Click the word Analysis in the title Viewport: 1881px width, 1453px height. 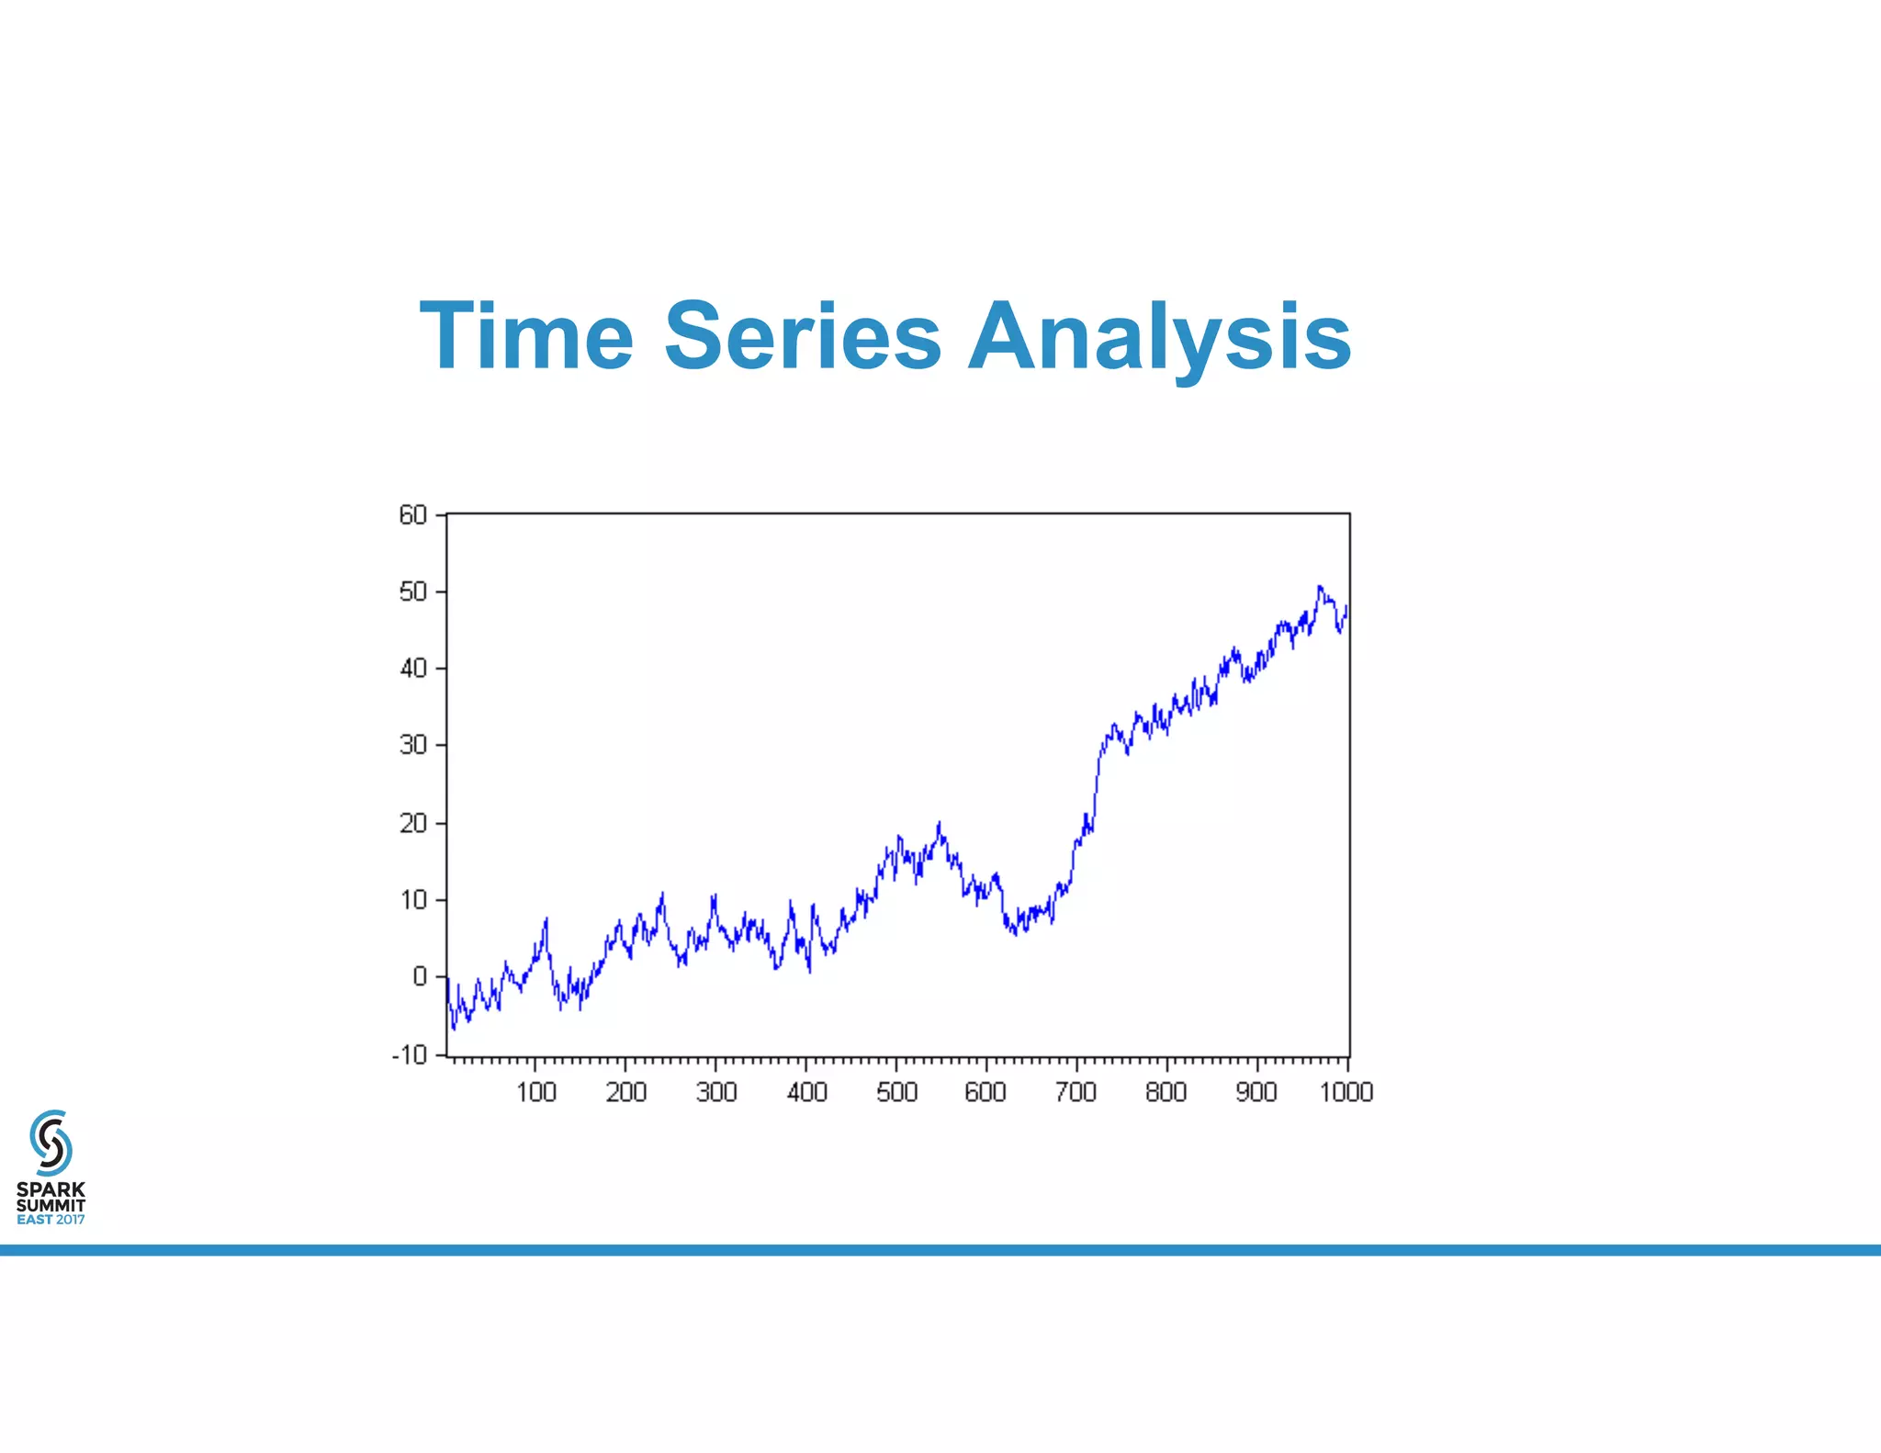(x=1159, y=338)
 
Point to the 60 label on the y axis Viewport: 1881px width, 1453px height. (x=413, y=515)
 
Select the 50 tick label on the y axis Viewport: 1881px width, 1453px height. (x=413, y=591)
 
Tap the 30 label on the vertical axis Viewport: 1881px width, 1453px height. (x=413, y=745)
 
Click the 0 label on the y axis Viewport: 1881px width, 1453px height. (x=420, y=976)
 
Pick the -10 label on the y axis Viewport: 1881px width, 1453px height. (x=410, y=1054)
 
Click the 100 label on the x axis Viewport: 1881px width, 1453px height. (x=536, y=1092)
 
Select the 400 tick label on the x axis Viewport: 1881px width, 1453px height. (x=807, y=1092)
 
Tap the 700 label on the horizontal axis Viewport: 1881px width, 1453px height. (x=1076, y=1092)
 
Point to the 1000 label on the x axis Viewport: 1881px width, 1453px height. (x=1346, y=1092)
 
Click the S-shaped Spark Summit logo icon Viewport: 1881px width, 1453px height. (x=51, y=1143)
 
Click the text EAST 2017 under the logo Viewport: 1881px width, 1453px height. (x=51, y=1220)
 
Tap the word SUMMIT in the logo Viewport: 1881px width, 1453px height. (x=51, y=1204)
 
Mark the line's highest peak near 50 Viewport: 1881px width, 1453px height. (x=1320, y=587)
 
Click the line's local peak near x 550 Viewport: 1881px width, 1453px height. (x=939, y=825)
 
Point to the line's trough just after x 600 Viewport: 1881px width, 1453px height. (x=1015, y=933)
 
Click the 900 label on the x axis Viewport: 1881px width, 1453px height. (x=1256, y=1092)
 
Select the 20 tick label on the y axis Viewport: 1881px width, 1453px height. (x=413, y=823)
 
